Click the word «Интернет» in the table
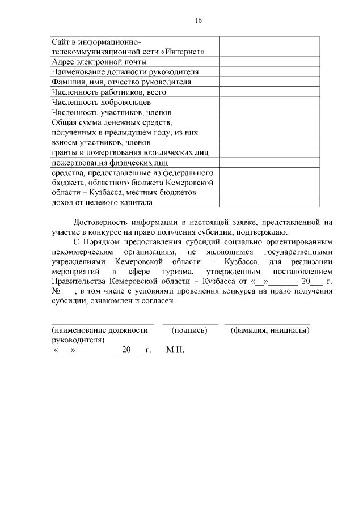coord(183,52)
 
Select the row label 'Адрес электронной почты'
coord(99,62)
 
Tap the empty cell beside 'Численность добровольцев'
coord(269,102)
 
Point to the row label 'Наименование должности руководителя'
coord(125,72)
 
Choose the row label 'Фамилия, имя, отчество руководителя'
coord(121,82)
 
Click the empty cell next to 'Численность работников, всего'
coord(269,92)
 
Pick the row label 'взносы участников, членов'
coord(102,142)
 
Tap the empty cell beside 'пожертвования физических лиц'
coord(269,163)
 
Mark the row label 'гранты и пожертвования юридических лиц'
coord(130,152)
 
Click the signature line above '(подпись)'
coord(190,324)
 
